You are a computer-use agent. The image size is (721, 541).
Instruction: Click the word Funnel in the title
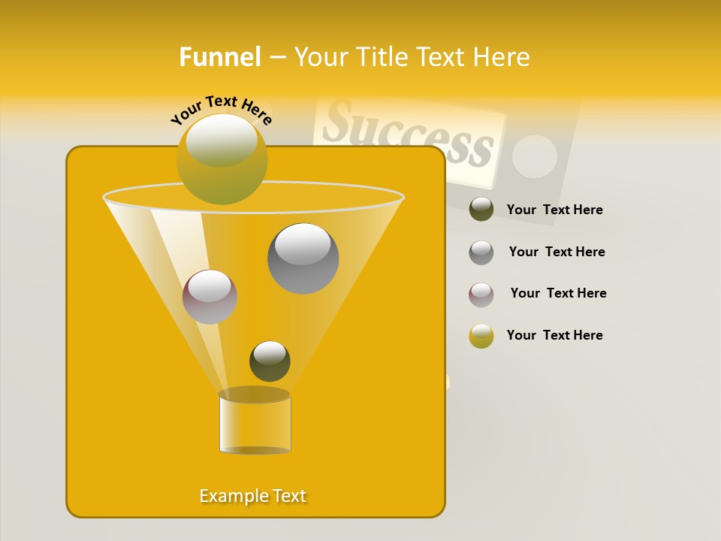pos(219,57)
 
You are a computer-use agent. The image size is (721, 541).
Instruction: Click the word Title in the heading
pos(382,57)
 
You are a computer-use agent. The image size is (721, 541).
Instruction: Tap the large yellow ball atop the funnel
pos(222,159)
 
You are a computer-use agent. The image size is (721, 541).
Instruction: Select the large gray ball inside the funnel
pos(303,258)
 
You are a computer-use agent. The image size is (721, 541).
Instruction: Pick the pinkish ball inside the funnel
pos(210,297)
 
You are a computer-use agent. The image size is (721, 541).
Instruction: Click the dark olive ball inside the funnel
pos(270,361)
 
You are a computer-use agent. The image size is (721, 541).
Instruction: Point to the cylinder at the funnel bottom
pos(255,423)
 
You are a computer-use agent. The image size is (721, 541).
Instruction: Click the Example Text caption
pos(252,496)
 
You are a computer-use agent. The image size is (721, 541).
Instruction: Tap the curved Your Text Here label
pos(222,110)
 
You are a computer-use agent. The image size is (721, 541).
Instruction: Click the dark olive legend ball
pos(481,209)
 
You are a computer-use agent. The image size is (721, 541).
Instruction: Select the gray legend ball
pos(481,252)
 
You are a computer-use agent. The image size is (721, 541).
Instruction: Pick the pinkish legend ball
pos(481,294)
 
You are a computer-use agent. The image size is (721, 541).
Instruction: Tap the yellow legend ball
pos(481,336)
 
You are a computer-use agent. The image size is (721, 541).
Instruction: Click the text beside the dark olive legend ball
pos(554,210)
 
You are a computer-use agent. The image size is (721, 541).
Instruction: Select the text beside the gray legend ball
pos(557,252)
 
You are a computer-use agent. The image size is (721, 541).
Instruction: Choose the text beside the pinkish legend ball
pos(558,293)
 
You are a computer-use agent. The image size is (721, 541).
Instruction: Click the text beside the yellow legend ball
pos(554,335)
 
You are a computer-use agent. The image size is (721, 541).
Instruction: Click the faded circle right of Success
pos(534,156)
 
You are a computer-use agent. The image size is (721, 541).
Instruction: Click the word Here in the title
pos(502,57)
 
